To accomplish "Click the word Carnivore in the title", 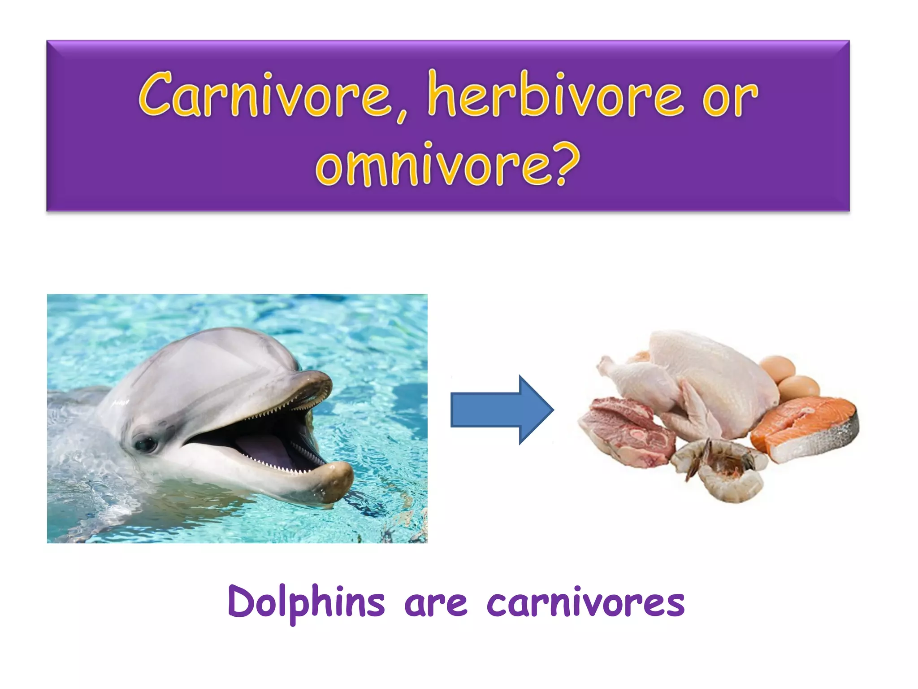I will pyautogui.click(x=264, y=95).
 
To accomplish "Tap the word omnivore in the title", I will pyautogui.click(x=433, y=165).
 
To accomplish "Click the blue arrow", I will pyautogui.click(x=502, y=410).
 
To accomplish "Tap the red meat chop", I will pyautogui.click(x=628, y=431).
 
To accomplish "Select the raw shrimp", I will pyautogui.click(x=722, y=471).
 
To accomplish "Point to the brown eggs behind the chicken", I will pyautogui.click(x=793, y=377).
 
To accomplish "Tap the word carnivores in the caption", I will pyautogui.click(x=585, y=603).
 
